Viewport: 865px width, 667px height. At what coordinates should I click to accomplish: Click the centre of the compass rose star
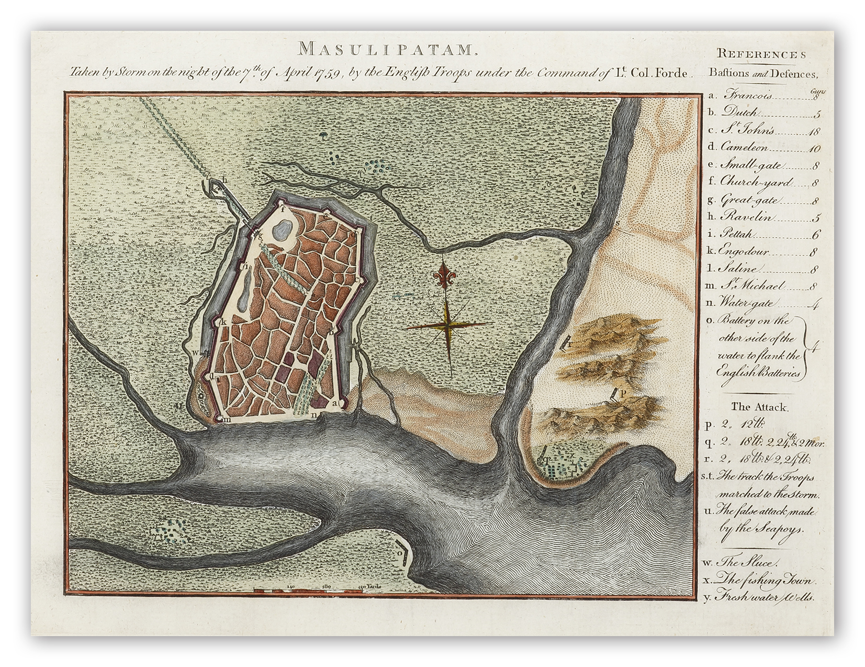pos(448,326)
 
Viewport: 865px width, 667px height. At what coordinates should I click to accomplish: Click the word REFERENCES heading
pos(761,54)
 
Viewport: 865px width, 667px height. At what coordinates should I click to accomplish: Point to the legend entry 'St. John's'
pos(748,130)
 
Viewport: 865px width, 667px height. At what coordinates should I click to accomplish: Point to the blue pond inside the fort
pos(282,228)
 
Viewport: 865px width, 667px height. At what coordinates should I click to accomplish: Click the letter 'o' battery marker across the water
pos(401,553)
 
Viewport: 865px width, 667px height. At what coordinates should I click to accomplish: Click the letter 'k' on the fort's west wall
pos(223,322)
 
